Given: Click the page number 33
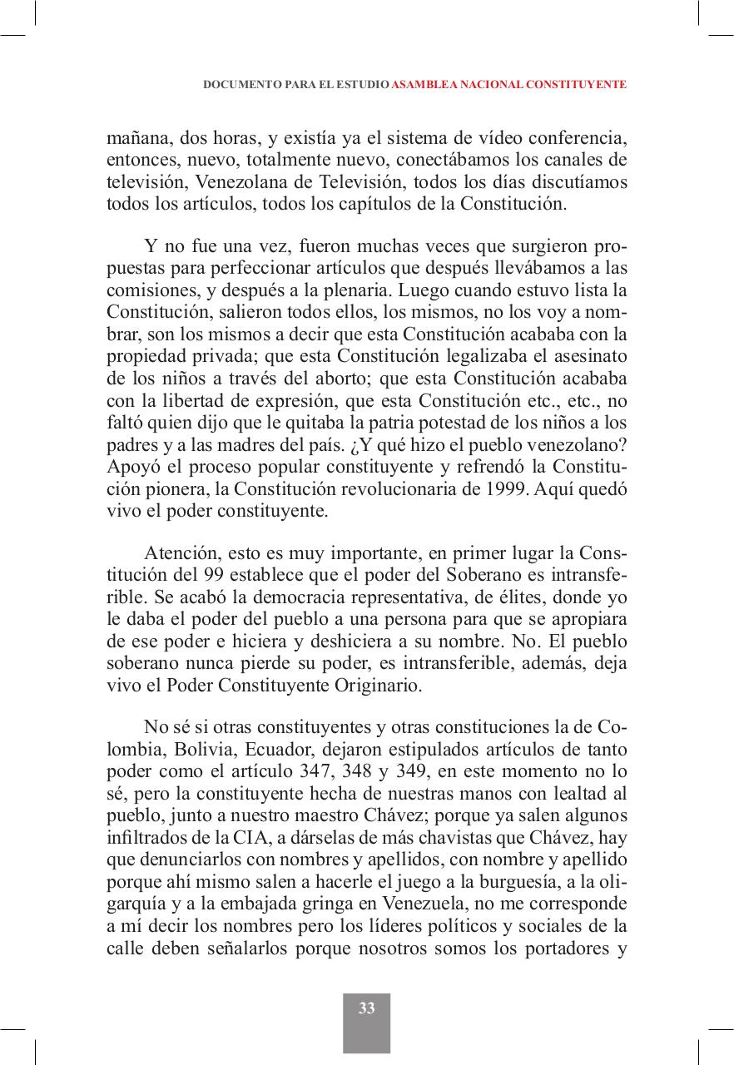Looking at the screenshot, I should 366,1008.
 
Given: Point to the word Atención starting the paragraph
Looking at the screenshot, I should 177,553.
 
